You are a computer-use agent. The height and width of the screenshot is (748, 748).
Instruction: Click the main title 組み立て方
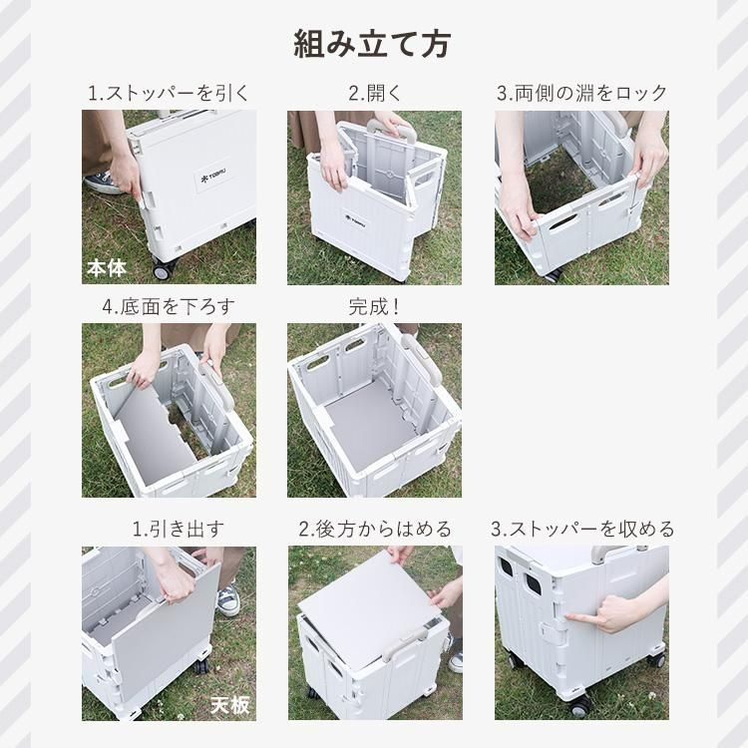click(372, 44)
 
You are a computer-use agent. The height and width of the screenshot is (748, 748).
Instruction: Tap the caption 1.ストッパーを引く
click(169, 93)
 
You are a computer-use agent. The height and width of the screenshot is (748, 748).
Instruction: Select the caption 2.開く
click(375, 93)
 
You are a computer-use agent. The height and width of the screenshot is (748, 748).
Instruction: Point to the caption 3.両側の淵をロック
click(581, 93)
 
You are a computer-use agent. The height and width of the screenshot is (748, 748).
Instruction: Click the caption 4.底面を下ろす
click(169, 307)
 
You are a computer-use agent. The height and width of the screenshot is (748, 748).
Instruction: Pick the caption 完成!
click(374, 307)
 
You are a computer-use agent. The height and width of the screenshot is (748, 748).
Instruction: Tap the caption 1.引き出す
click(178, 529)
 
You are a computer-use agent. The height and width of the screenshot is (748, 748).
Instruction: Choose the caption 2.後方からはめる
click(375, 529)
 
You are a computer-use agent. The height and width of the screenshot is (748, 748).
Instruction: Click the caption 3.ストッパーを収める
click(582, 529)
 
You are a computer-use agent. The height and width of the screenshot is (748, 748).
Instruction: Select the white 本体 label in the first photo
click(107, 268)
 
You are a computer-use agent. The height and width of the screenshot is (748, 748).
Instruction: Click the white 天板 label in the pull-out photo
click(230, 705)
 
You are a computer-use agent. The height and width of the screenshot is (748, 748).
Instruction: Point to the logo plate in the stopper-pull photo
click(214, 178)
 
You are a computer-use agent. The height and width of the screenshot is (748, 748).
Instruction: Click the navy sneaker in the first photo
click(102, 183)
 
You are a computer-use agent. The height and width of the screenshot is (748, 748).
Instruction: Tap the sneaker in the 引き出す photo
click(228, 600)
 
